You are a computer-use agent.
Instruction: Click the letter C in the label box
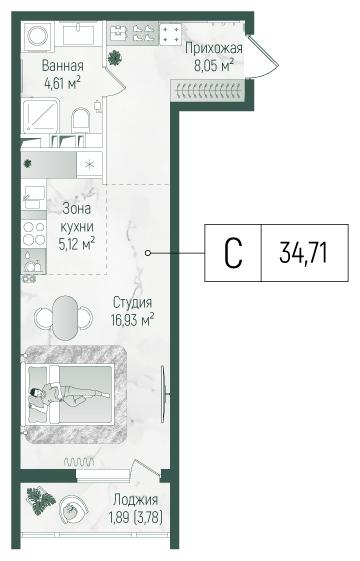(232, 251)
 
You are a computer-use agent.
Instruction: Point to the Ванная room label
(62, 66)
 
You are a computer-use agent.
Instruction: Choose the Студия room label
(132, 303)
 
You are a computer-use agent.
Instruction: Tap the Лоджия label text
(136, 499)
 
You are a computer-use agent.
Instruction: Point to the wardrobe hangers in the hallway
(210, 91)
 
